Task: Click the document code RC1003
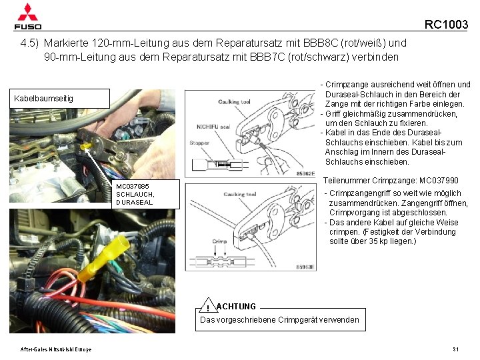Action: coord(446,25)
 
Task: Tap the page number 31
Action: coord(455,349)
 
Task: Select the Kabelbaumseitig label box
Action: coord(59,99)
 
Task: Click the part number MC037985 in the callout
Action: coord(133,186)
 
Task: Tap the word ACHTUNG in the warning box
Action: coord(237,306)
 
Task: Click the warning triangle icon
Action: coord(208,307)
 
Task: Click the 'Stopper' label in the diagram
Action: coord(199,142)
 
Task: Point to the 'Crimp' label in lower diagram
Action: coord(220,241)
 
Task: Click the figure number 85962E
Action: coord(305,173)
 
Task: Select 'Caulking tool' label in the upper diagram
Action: coord(234,101)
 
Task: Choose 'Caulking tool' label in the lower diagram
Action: coord(240,194)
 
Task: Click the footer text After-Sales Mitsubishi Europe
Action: coord(55,350)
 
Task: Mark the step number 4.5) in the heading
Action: coord(30,43)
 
